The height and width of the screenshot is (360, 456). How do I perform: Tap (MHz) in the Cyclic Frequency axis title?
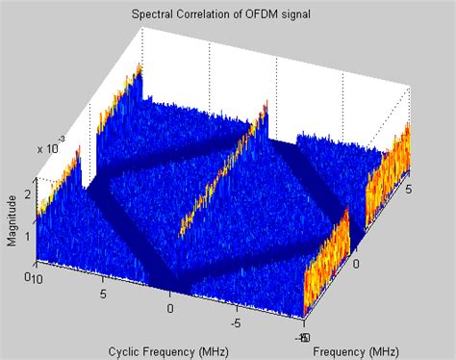210,350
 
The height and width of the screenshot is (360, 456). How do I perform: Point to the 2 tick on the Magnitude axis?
28,194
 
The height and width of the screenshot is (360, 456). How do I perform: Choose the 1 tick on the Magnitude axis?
28,235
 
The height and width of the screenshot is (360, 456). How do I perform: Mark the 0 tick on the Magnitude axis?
28,275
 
